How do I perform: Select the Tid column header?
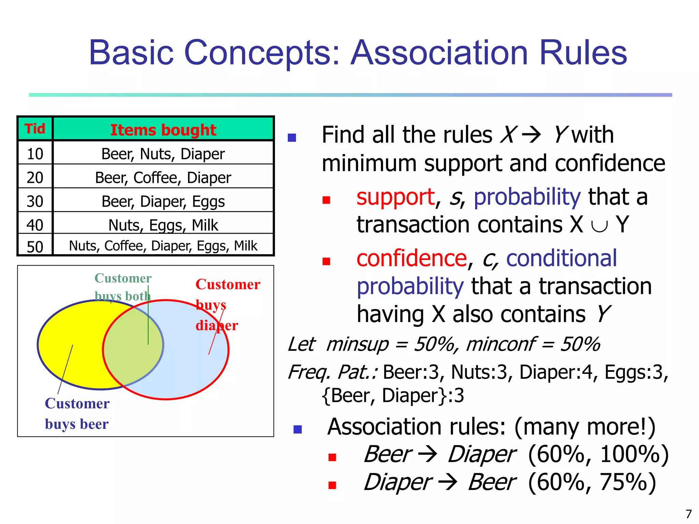[35, 129]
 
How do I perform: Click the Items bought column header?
[163, 130]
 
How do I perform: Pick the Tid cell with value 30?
[35, 201]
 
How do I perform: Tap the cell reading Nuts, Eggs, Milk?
[163, 225]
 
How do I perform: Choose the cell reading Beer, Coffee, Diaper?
[163, 178]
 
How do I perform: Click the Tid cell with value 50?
[35, 247]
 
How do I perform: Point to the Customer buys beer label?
[77, 413]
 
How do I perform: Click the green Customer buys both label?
[123, 287]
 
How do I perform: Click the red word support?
[395, 197]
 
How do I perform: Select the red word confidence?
[411, 258]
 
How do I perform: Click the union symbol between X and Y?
[599, 225]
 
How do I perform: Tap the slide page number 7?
[688, 514]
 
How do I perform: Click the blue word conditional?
[561, 258]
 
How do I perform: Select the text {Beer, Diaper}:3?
[393, 396]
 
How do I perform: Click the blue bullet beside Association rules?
[298, 429]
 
